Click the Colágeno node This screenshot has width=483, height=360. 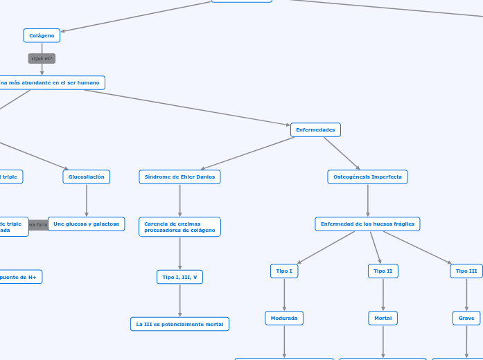(x=42, y=35)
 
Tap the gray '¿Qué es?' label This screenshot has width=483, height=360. (x=42, y=59)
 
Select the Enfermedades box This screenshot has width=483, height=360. (x=315, y=129)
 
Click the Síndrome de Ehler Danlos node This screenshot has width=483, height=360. (x=179, y=177)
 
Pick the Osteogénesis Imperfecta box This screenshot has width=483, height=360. (x=367, y=177)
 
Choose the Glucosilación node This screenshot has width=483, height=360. (x=86, y=177)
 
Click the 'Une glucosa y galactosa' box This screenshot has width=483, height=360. (x=87, y=224)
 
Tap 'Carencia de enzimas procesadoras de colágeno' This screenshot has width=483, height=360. (x=179, y=226)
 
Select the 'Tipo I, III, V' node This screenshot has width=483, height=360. (x=179, y=277)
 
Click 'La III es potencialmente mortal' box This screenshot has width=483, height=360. (x=179, y=324)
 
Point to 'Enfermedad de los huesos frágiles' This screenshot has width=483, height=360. (x=367, y=224)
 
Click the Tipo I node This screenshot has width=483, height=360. (x=284, y=271)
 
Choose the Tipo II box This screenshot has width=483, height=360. (x=383, y=271)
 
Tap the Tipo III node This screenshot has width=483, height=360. (x=466, y=271)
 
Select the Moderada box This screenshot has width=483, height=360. (x=284, y=318)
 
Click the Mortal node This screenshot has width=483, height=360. (x=383, y=318)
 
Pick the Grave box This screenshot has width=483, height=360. (x=466, y=318)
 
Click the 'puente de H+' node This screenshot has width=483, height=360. (x=21, y=276)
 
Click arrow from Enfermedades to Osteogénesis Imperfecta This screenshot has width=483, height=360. (x=342, y=153)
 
